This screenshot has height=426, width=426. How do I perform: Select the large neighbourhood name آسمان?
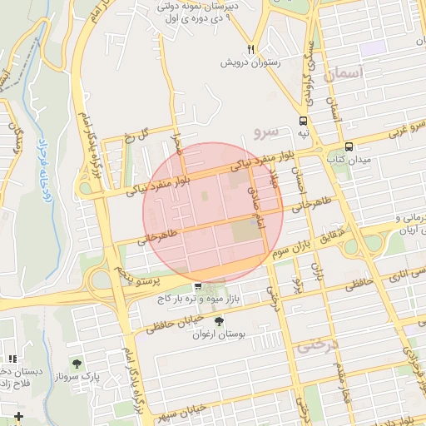pos(341,76)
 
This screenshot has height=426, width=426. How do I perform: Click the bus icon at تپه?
pos(304,121)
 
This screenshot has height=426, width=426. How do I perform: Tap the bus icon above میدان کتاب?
pos(349,144)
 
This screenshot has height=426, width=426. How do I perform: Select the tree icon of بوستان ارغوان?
pos(219,321)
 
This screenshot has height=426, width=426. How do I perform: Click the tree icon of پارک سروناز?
pos(77,364)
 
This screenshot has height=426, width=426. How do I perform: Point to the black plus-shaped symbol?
pos(19,415)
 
